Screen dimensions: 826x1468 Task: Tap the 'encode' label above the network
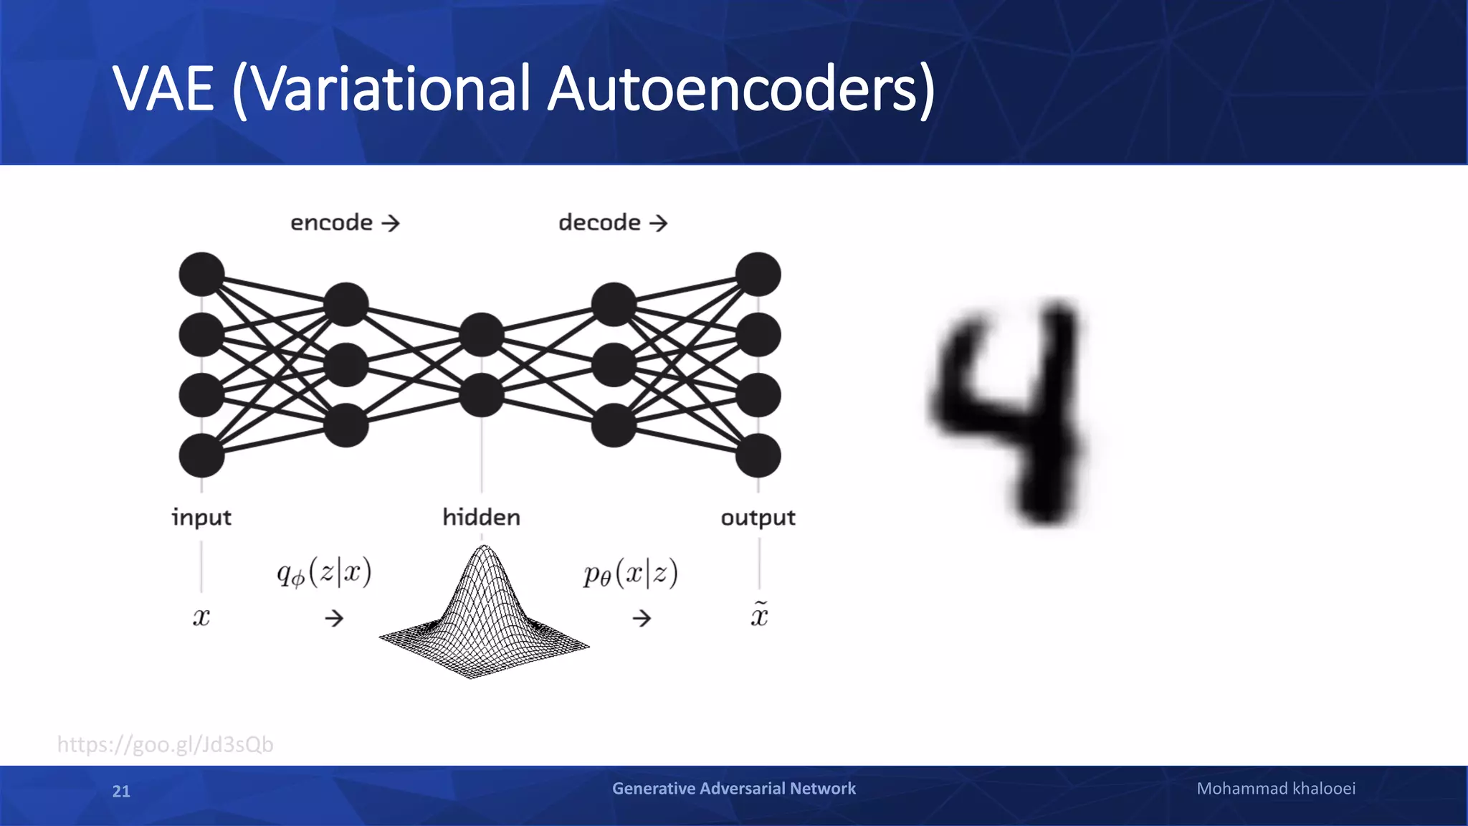[331, 223]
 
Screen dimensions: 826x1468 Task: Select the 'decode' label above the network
[599, 223]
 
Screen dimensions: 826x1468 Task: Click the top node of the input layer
[201, 274]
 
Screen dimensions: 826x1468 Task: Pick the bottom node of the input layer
[201, 455]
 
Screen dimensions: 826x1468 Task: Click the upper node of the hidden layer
[481, 334]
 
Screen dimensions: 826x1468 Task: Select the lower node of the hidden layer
[481, 395]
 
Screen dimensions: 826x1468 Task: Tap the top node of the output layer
[758, 274]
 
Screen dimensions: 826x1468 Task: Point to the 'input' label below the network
[201, 518]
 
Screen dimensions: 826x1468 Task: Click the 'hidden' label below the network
[481, 517]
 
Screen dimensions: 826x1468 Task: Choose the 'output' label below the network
[758, 518]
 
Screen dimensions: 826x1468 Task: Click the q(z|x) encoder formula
[324, 573]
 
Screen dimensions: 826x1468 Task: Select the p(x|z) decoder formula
[630, 573]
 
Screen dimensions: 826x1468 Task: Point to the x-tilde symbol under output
[759, 615]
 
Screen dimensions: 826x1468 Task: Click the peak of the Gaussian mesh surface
[485, 551]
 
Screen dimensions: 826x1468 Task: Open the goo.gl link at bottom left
[165, 744]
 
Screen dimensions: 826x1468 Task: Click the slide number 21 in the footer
[121, 791]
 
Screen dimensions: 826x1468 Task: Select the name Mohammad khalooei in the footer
[1276, 789]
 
